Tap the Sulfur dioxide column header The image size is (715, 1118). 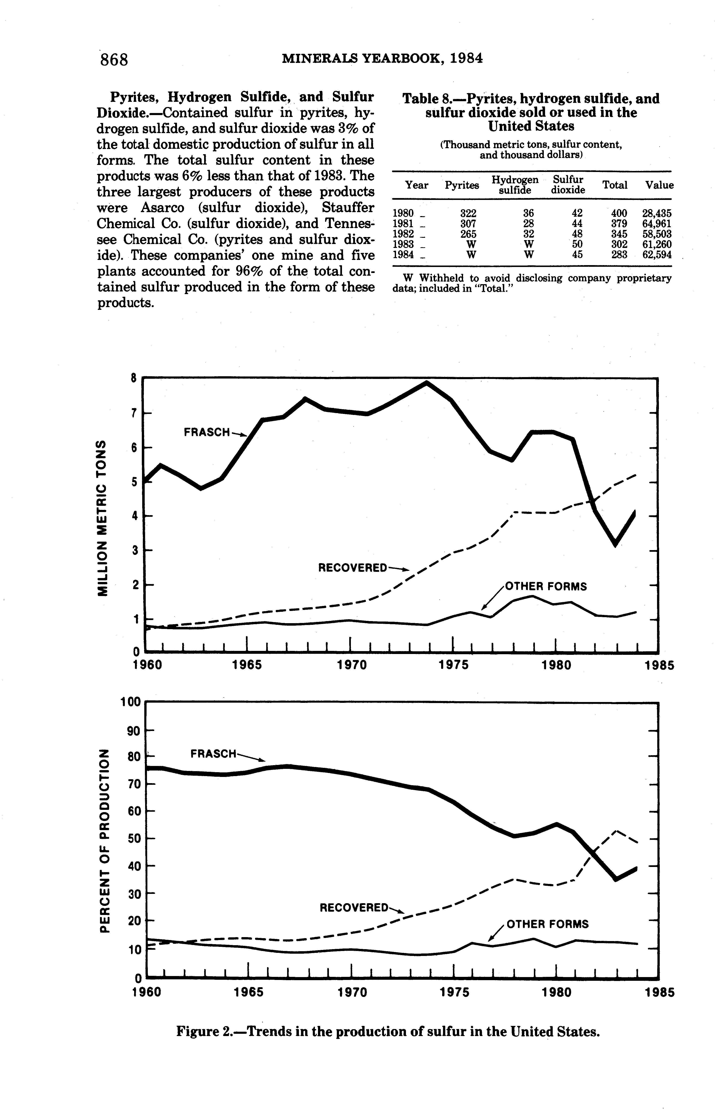(x=567, y=185)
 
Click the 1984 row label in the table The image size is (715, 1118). (x=403, y=255)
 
